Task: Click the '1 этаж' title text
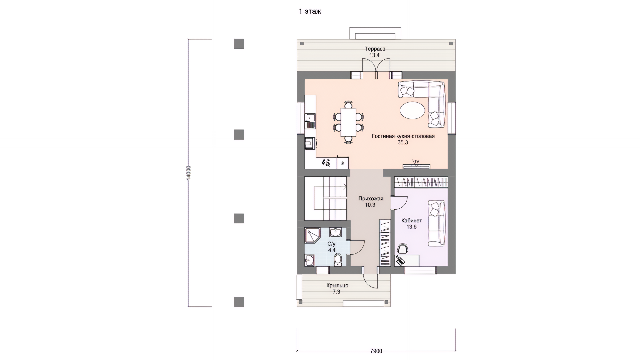[x=310, y=11]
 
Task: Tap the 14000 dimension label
[x=189, y=173]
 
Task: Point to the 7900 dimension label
[x=376, y=351]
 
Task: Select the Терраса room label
[x=375, y=49]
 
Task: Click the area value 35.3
[x=403, y=142]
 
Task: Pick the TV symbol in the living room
[x=417, y=162]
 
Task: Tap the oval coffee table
[x=412, y=110]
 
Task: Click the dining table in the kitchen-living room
[x=348, y=122]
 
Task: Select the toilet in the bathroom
[x=338, y=260]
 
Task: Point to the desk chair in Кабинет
[x=403, y=249]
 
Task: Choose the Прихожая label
[x=371, y=199]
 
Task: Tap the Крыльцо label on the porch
[x=337, y=286]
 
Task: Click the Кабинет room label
[x=412, y=221]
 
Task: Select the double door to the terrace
[x=376, y=69]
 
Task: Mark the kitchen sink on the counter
[x=77, y=118]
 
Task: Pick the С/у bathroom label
[x=331, y=244]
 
